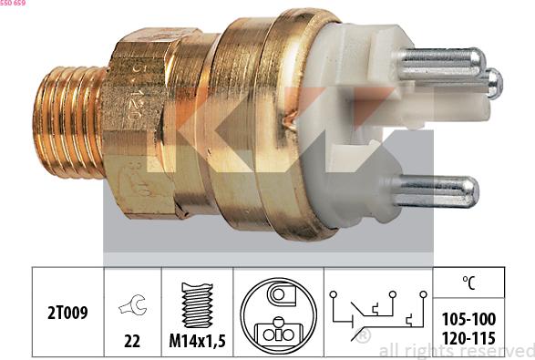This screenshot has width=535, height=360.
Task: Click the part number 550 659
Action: point(13,4)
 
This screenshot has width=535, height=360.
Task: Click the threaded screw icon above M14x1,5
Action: point(197,304)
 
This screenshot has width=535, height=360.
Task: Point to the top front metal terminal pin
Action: point(437,61)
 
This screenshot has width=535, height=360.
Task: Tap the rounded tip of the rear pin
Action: point(494,83)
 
